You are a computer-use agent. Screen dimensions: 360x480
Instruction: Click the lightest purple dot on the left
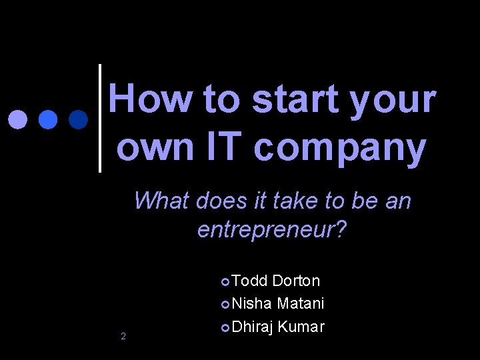tap(18, 119)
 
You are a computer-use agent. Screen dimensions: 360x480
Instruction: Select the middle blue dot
tap(48, 119)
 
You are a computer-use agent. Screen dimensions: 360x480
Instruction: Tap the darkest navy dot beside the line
tap(78, 119)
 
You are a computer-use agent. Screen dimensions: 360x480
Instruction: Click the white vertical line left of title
tap(100, 118)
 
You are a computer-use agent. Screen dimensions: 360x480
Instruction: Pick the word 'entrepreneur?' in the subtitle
tap(272, 230)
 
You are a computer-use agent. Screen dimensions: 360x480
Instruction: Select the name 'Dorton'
tap(296, 281)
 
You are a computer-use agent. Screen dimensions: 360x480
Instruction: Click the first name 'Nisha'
tap(252, 303)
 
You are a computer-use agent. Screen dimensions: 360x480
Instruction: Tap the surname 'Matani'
tap(301, 303)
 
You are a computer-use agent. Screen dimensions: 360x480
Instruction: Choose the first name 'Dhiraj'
tap(253, 327)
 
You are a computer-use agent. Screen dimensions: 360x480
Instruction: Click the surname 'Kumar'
tap(301, 327)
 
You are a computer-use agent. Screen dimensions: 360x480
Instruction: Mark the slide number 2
tap(123, 336)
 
